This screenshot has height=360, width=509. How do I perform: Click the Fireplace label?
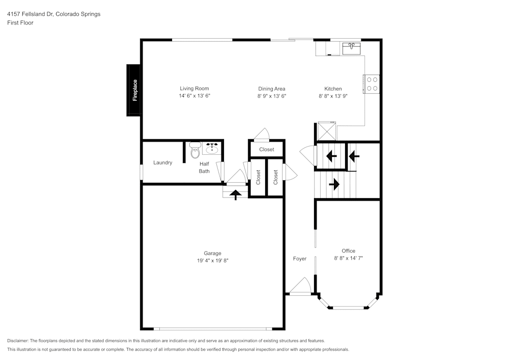tap(135, 90)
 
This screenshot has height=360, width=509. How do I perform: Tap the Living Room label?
tap(194, 88)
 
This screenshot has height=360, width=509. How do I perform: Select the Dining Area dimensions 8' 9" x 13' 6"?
tap(272, 96)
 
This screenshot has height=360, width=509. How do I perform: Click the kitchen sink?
tap(351, 48)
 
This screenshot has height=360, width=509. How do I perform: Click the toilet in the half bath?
tap(195, 150)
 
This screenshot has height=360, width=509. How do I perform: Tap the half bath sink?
tap(212, 148)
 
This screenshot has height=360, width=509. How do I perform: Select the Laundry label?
tap(163, 162)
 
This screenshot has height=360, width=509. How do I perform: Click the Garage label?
tap(213, 253)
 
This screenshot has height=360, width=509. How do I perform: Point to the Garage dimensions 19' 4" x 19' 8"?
tap(213, 260)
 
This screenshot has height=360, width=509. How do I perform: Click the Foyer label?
tap(300, 259)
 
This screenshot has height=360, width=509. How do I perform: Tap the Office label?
tap(348, 251)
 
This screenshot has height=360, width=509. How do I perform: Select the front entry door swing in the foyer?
tap(301, 286)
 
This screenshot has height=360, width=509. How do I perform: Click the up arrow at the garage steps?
tap(236, 195)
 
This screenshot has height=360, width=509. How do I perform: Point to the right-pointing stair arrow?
tap(334, 184)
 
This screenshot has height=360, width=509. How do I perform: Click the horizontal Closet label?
tap(267, 149)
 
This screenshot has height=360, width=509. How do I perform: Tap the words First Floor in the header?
tap(20, 23)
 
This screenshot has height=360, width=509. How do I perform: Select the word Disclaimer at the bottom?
tap(17, 341)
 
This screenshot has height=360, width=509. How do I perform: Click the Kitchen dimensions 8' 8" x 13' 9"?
tap(333, 96)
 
